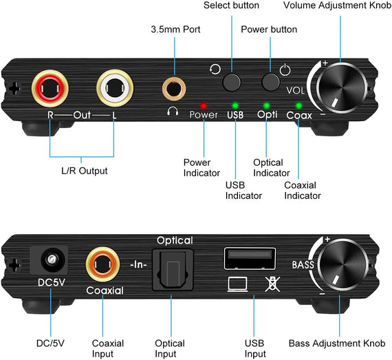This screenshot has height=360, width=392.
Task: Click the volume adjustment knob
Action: pos(343,90)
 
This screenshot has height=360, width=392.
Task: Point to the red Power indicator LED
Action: pos(203,106)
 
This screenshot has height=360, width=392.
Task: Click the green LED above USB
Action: pos(235,106)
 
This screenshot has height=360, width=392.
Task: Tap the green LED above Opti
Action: pos(267,106)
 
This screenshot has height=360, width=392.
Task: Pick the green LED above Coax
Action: pos(298,106)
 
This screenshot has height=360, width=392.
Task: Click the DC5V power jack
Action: pos(50,262)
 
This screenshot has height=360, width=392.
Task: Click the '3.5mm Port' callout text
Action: pos(175,30)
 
